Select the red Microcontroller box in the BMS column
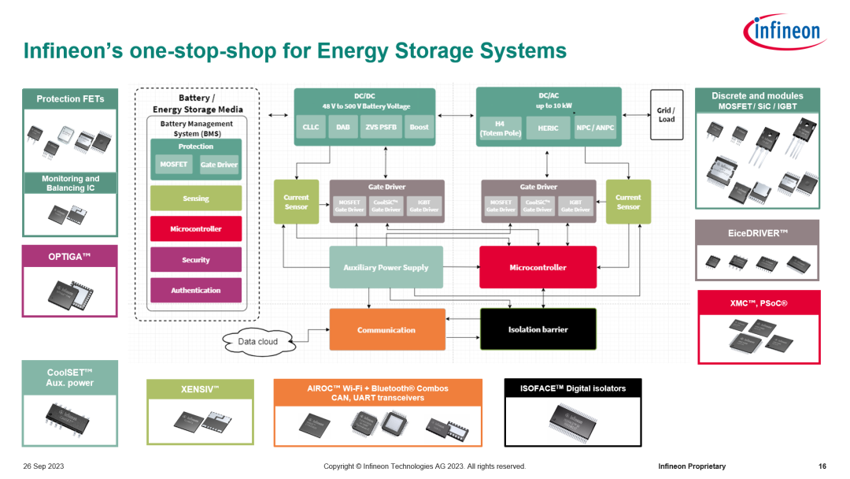tap(196, 229)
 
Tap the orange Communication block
tap(386, 330)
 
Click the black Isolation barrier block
tap(538, 329)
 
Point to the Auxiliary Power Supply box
tap(386, 267)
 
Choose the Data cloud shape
tap(257, 342)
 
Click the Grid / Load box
tap(666, 114)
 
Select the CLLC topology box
tap(311, 127)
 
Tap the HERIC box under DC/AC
tap(548, 128)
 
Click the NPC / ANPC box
tap(595, 128)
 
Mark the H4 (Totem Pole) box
tap(501, 128)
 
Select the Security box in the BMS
tap(196, 260)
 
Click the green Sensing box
tap(196, 199)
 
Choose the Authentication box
tap(196, 290)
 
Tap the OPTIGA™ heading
tap(69, 256)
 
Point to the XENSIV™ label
tap(200, 389)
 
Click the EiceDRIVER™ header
tap(757, 233)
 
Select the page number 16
tap(822, 466)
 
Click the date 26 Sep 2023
tap(42, 466)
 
